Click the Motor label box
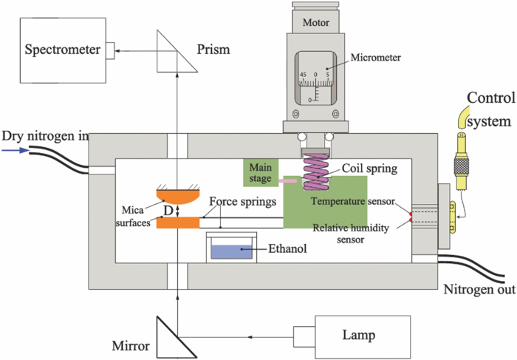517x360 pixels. [x=317, y=22]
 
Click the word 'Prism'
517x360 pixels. [x=214, y=50]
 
